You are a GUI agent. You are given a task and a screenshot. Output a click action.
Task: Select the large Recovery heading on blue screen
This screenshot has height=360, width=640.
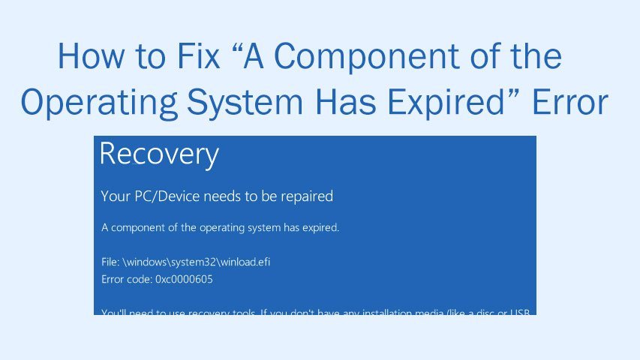point(159,154)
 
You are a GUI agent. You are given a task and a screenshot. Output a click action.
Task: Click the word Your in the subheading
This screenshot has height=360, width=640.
point(114,196)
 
